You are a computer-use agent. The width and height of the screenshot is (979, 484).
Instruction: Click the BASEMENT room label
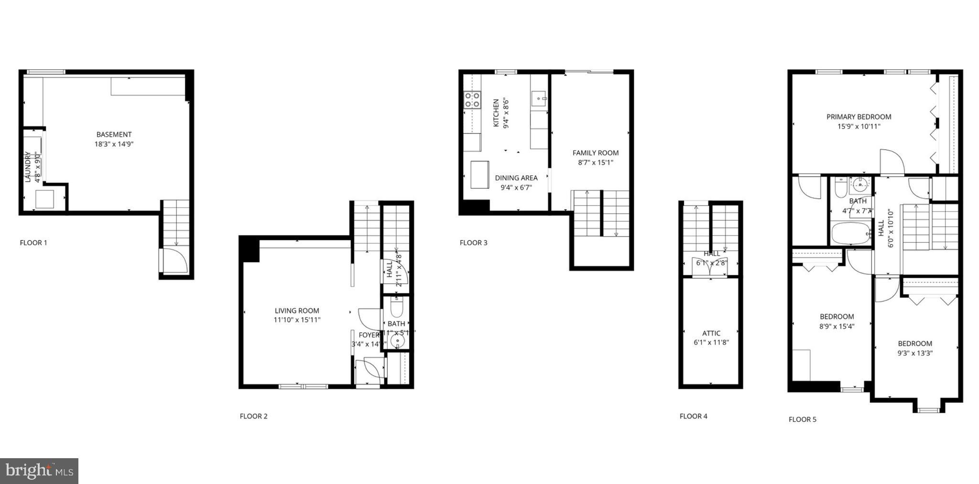click(114, 135)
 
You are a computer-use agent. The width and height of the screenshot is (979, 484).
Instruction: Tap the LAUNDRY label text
click(28, 167)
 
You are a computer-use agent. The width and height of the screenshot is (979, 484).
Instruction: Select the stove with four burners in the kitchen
click(472, 100)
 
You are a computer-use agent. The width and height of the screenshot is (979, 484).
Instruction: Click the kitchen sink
click(539, 99)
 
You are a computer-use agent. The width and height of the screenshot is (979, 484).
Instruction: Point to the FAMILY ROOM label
click(596, 153)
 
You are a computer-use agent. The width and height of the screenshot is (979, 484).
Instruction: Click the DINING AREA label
click(516, 178)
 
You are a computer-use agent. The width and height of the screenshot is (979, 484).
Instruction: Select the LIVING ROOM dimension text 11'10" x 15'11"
click(297, 320)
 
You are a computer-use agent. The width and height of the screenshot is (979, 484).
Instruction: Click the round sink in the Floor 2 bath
click(397, 341)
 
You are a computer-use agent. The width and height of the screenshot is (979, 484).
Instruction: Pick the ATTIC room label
click(711, 333)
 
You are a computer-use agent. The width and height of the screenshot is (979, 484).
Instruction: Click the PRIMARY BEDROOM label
click(859, 117)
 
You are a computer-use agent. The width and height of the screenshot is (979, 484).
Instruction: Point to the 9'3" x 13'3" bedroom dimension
click(915, 354)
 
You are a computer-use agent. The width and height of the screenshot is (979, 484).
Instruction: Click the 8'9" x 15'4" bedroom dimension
click(837, 327)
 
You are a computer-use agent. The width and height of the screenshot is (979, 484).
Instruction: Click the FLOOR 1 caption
click(33, 243)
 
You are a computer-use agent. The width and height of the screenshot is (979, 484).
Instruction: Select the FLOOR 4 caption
click(694, 416)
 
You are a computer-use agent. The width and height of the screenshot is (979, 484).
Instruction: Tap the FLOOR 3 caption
click(474, 243)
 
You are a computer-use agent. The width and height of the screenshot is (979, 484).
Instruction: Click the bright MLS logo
click(39, 471)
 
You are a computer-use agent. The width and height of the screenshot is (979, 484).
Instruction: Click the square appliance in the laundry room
click(45, 199)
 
